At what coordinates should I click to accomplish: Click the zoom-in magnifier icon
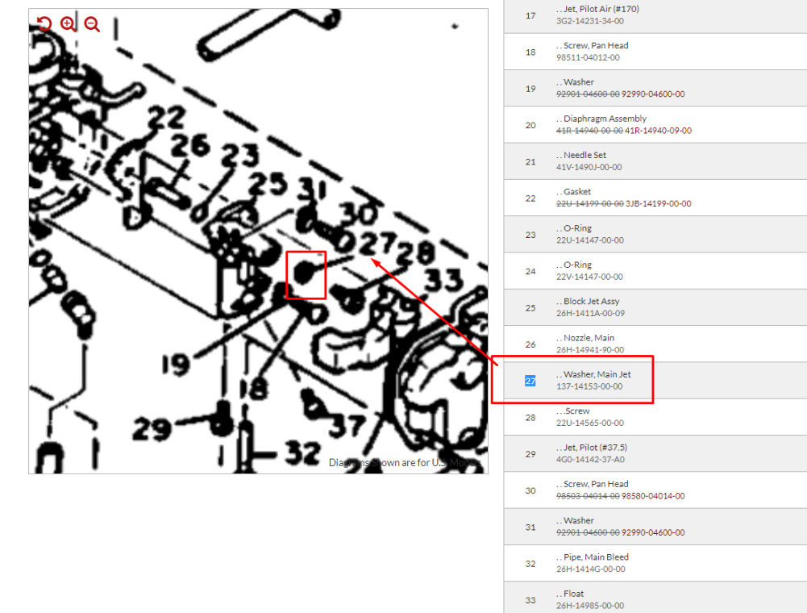click(x=68, y=24)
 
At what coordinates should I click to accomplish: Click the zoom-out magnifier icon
click(x=92, y=24)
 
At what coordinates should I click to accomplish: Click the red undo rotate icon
click(x=44, y=24)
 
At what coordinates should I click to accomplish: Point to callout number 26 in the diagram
click(x=190, y=147)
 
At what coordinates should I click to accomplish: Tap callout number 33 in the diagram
click(x=444, y=281)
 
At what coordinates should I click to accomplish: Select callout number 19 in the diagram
click(x=175, y=365)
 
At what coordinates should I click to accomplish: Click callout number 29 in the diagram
click(x=152, y=429)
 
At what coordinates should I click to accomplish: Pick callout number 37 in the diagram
click(x=347, y=424)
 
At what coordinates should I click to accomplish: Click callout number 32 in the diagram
click(x=303, y=454)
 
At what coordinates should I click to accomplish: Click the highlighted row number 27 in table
click(x=530, y=381)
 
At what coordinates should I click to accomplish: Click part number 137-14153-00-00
click(x=589, y=386)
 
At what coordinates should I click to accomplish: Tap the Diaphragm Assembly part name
click(x=605, y=119)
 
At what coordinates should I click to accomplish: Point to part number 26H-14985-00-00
click(x=589, y=606)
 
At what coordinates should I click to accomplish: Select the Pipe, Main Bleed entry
click(x=596, y=557)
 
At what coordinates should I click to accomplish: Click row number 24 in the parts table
click(x=530, y=271)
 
